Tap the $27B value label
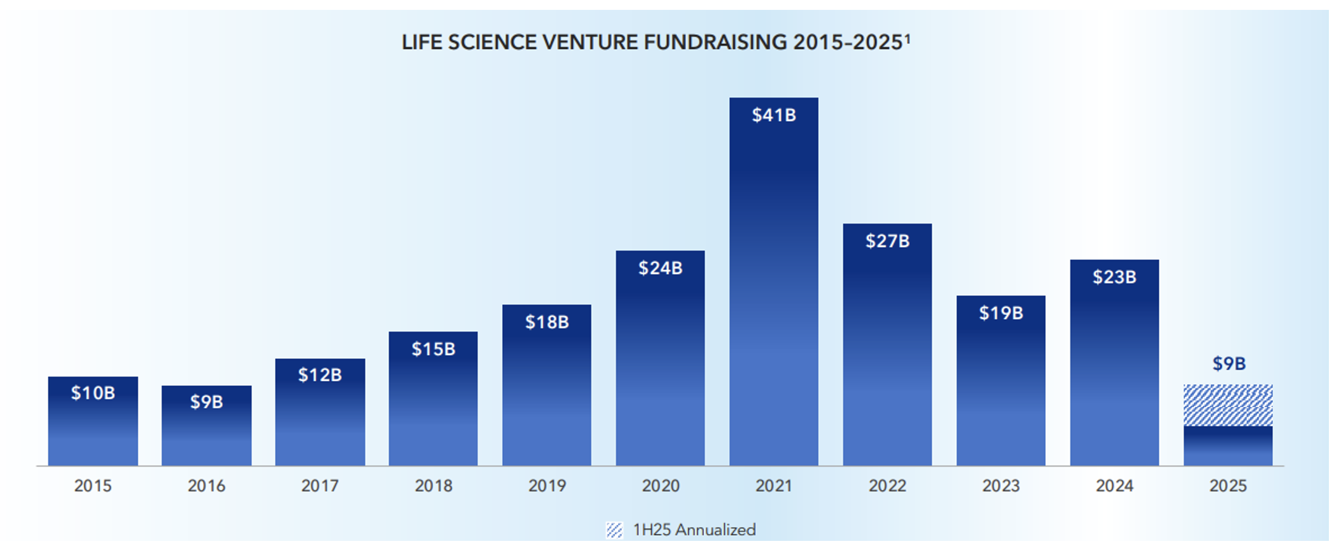coord(887,241)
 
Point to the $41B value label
coord(774,115)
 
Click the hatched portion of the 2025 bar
coord(1228,405)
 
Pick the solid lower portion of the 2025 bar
coord(1228,446)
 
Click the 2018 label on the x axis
coord(433,486)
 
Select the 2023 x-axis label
coord(1001,486)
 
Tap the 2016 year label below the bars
coord(206,486)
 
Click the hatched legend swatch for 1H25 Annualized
coord(614,530)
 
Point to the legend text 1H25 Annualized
coord(694,530)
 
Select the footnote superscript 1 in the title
coord(907,38)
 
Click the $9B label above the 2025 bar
coord(1228,364)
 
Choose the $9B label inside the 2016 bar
coord(206,402)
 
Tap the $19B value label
coord(1001,313)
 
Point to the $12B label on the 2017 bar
coord(320,375)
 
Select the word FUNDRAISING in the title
coord(716,42)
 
